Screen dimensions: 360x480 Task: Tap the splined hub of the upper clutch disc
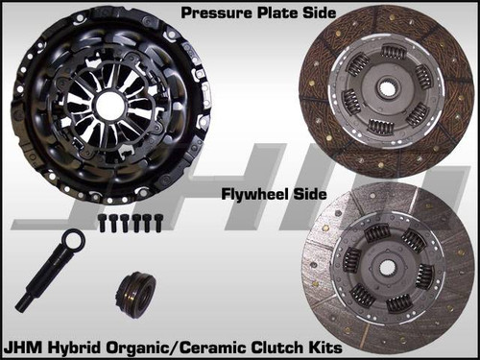click(x=386, y=89)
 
